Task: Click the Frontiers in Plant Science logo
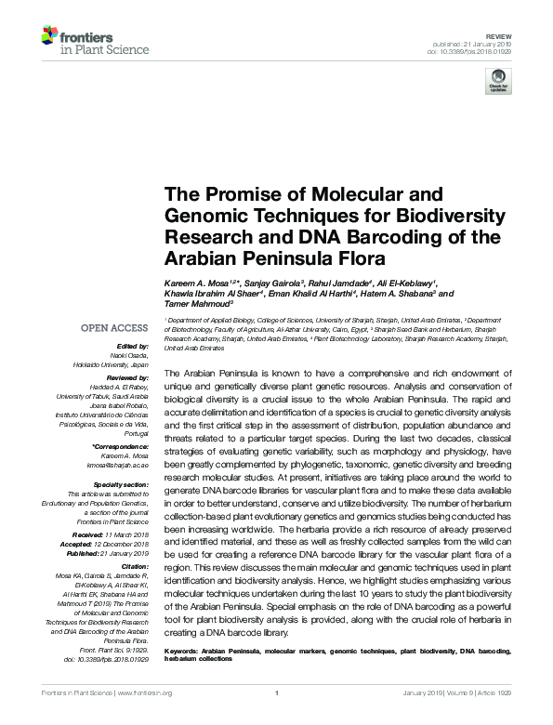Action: [x=85, y=41]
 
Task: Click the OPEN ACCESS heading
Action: [x=113, y=328]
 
